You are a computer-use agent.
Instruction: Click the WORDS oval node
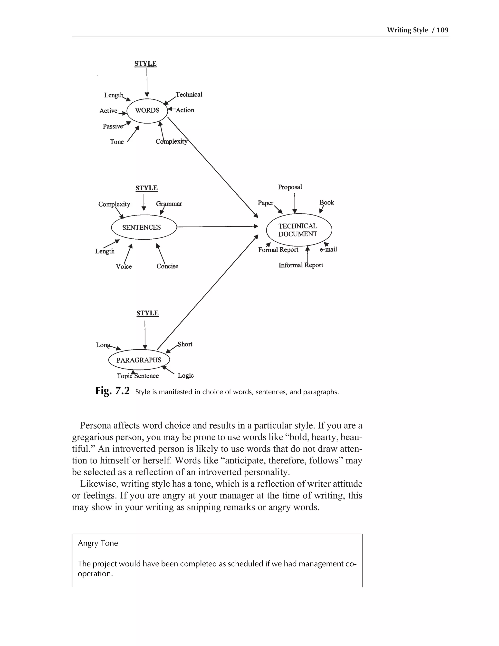(x=147, y=111)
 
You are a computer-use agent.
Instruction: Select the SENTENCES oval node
(x=144, y=227)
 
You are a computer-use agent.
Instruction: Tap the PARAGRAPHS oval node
(x=139, y=360)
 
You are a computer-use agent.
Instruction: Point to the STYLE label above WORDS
(x=145, y=64)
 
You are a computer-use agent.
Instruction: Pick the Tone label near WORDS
(x=117, y=142)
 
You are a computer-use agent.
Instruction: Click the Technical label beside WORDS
(x=189, y=95)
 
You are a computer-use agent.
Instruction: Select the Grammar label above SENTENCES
(x=169, y=204)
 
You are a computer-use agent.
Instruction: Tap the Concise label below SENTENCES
(x=167, y=266)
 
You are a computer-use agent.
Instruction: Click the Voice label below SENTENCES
(x=124, y=266)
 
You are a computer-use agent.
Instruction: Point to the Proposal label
(x=290, y=187)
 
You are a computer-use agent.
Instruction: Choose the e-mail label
(x=328, y=249)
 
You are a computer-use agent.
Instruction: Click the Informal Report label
(x=301, y=265)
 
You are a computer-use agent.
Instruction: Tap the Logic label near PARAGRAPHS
(x=186, y=376)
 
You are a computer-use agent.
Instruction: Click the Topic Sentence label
(x=137, y=376)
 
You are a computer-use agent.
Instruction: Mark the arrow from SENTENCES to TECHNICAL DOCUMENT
(x=217, y=226)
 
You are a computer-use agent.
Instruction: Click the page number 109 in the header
(x=442, y=30)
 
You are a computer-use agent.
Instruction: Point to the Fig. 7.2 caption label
(x=112, y=391)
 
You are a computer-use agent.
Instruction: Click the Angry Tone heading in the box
(x=98, y=543)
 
